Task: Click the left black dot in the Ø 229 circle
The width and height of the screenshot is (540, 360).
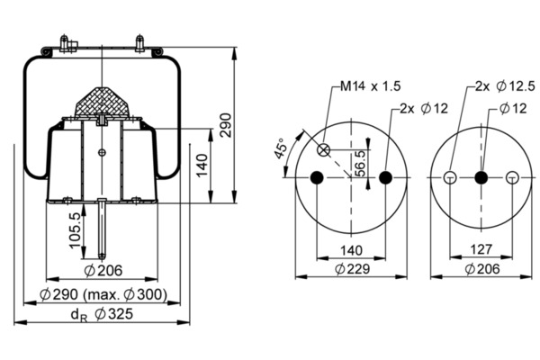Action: pos(316,178)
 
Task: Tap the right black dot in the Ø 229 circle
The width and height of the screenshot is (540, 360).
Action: pos(386,178)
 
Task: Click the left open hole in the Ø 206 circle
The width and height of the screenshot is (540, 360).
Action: pos(449,178)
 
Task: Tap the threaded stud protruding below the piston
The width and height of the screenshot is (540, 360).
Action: pos(104,229)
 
